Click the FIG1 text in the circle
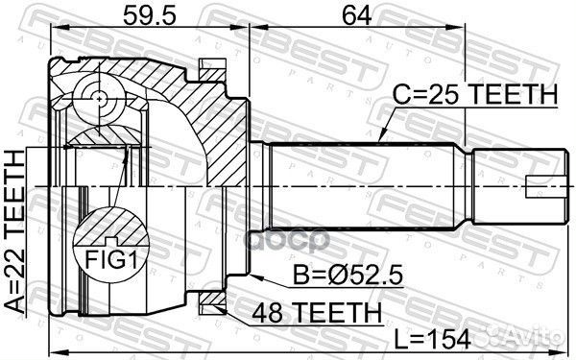[x=107, y=258]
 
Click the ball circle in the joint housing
[x=99, y=98]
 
